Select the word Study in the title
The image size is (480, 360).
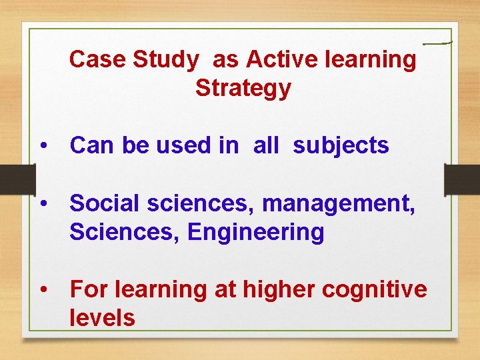(166, 59)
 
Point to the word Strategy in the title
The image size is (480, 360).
(243, 88)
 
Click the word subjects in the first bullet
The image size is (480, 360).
(341, 145)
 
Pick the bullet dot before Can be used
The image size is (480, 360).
(43, 146)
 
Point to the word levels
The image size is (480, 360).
(102, 318)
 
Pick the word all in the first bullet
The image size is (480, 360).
(266, 145)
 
